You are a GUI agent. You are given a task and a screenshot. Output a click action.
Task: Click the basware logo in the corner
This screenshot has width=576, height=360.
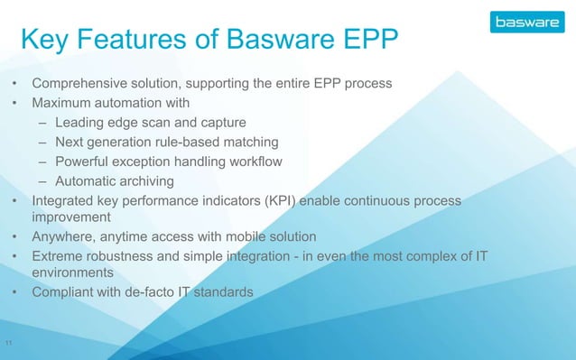click(x=526, y=21)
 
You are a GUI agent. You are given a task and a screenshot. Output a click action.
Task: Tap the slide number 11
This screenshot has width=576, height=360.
click(x=8, y=343)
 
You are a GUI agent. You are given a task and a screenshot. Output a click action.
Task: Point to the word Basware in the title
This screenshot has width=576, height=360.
click(x=287, y=41)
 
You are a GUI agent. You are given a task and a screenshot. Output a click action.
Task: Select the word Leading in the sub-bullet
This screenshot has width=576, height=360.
click(x=80, y=123)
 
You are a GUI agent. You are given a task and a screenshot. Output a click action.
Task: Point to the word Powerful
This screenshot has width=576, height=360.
click(x=86, y=162)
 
